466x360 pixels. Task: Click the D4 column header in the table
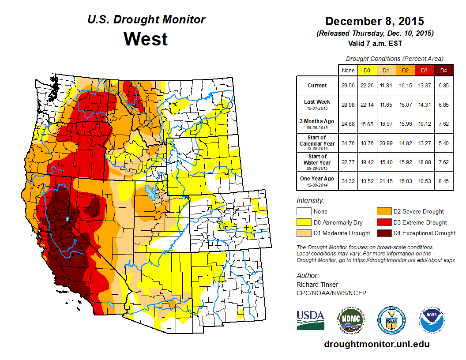point(443,70)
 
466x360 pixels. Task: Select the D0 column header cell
point(367,70)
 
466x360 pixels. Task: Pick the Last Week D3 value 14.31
point(425,105)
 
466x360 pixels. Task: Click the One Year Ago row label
point(317,179)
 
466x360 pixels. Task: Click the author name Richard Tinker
point(318,285)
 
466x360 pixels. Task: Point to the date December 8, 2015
point(374,21)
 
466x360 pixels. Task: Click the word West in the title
point(146,39)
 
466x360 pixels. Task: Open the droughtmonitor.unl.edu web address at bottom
point(376,344)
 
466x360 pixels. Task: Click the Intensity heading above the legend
point(310,201)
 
